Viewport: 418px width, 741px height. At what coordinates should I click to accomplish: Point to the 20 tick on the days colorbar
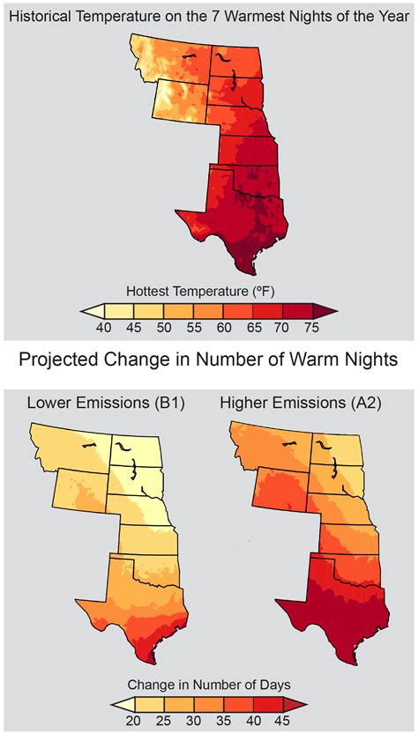click(137, 721)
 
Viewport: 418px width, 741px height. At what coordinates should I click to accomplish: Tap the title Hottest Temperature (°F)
click(208, 290)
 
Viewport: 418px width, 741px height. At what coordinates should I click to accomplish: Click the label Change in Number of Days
click(208, 685)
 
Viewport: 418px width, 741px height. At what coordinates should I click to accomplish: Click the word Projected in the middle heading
click(69, 360)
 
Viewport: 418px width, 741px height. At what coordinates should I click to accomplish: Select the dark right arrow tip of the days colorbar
click(302, 704)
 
